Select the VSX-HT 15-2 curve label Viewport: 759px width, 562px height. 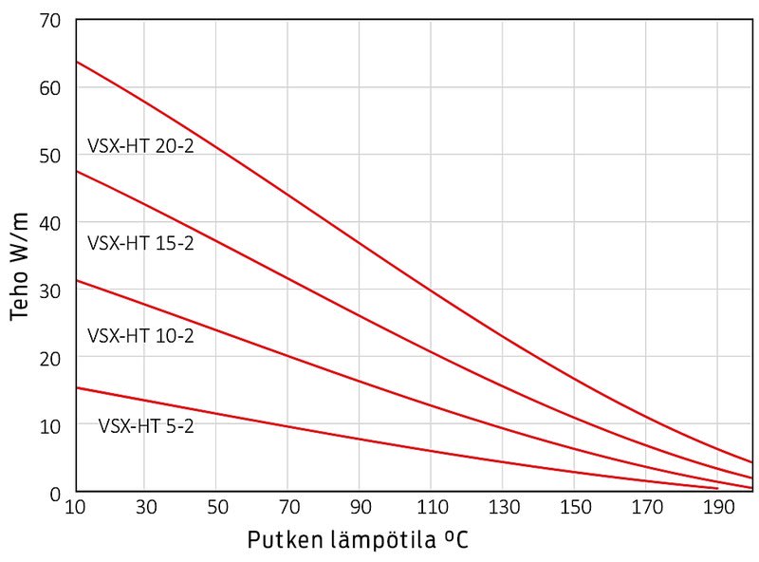click(140, 242)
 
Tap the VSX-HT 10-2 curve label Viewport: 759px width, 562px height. click(140, 335)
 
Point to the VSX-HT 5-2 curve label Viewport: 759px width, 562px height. click(146, 426)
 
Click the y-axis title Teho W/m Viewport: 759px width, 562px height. click(21, 267)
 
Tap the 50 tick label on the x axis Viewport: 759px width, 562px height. click(216, 508)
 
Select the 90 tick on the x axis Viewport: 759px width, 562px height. click(360, 508)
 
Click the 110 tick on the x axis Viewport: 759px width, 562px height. click(431, 508)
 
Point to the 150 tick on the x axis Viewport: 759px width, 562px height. click(574, 508)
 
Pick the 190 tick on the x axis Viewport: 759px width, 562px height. click(717, 508)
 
